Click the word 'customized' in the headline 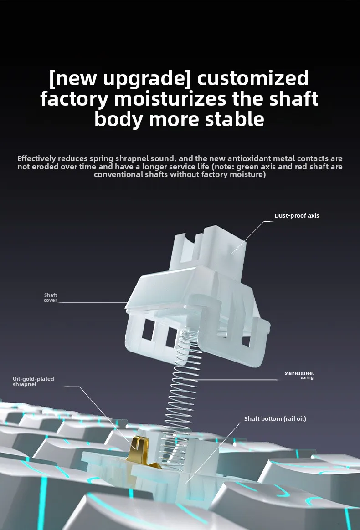[253, 78]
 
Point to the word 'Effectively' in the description [36, 158]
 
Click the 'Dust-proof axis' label [297, 216]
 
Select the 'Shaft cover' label [51, 297]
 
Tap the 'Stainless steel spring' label [299, 375]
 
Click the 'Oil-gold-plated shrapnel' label [33, 381]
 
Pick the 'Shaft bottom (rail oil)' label [275, 418]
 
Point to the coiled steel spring [183, 399]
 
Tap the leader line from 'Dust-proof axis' [252, 237]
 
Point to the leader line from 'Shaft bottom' [212, 454]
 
